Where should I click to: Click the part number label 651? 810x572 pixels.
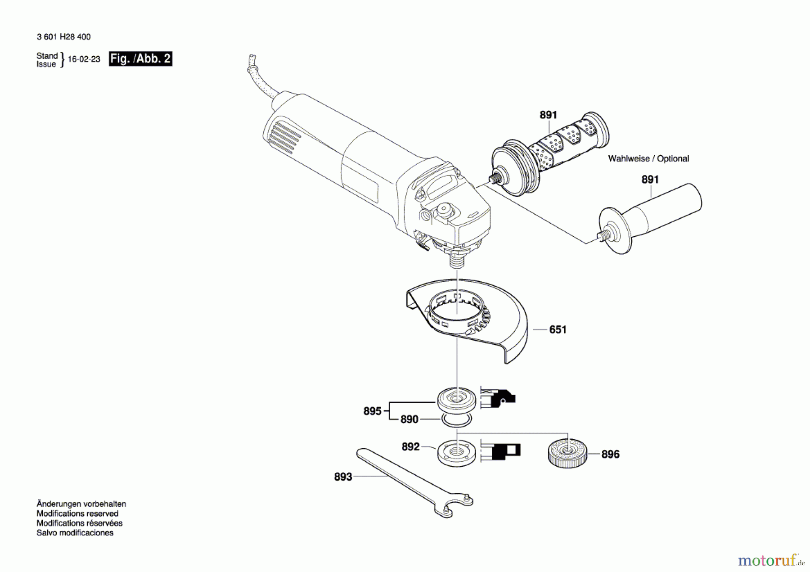click(x=558, y=330)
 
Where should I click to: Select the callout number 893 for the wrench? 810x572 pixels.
click(x=343, y=477)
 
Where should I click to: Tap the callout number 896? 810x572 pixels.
click(x=610, y=455)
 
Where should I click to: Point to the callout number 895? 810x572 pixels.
click(x=372, y=411)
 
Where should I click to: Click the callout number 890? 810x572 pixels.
click(x=409, y=419)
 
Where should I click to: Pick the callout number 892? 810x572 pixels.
click(x=410, y=447)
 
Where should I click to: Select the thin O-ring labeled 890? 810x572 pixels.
click(x=456, y=421)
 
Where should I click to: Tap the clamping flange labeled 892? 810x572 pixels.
click(x=456, y=452)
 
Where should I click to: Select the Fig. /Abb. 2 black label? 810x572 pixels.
click(x=140, y=59)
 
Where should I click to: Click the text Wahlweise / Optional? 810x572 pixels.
click(x=648, y=159)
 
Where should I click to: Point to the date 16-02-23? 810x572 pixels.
click(x=84, y=59)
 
